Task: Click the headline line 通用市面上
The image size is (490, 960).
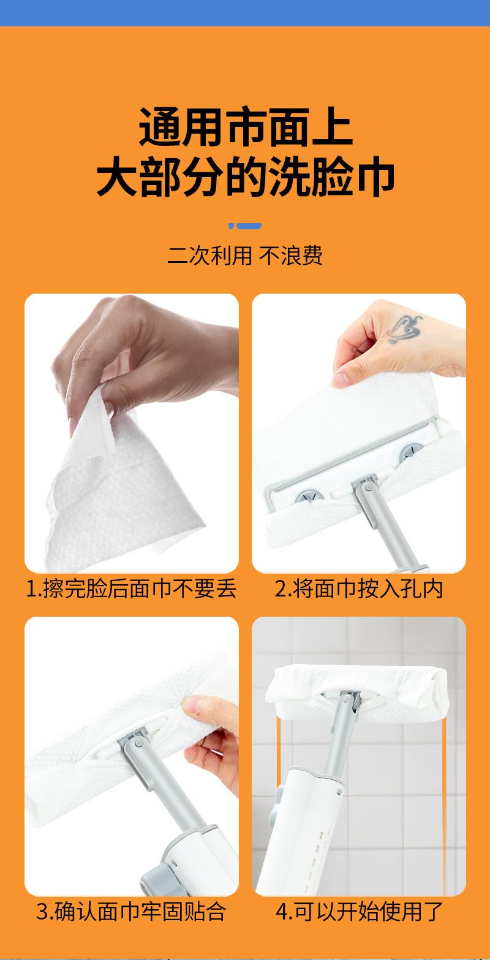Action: click(x=246, y=127)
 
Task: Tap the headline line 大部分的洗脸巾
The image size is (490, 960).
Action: click(x=245, y=177)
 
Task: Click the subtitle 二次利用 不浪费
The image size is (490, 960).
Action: click(x=244, y=256)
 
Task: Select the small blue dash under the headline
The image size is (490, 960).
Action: click(x=244, y=226)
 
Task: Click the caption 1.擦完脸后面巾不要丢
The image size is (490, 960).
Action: click(x=131, y=589)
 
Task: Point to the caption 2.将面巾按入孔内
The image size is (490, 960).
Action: click(x=359, y=589)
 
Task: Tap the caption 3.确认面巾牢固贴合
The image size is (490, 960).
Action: click(x=131, y=912)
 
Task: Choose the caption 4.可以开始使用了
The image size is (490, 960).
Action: click(x=359, y=912)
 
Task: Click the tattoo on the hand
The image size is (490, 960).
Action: click(x=404, y=329)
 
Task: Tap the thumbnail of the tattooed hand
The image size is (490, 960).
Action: click(x=341, y=379)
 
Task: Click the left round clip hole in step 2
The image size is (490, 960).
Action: click(x=309, y=497)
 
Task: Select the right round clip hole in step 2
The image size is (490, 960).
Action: click(x=411, y=452)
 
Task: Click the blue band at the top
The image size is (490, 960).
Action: click(x=245, y=13)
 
